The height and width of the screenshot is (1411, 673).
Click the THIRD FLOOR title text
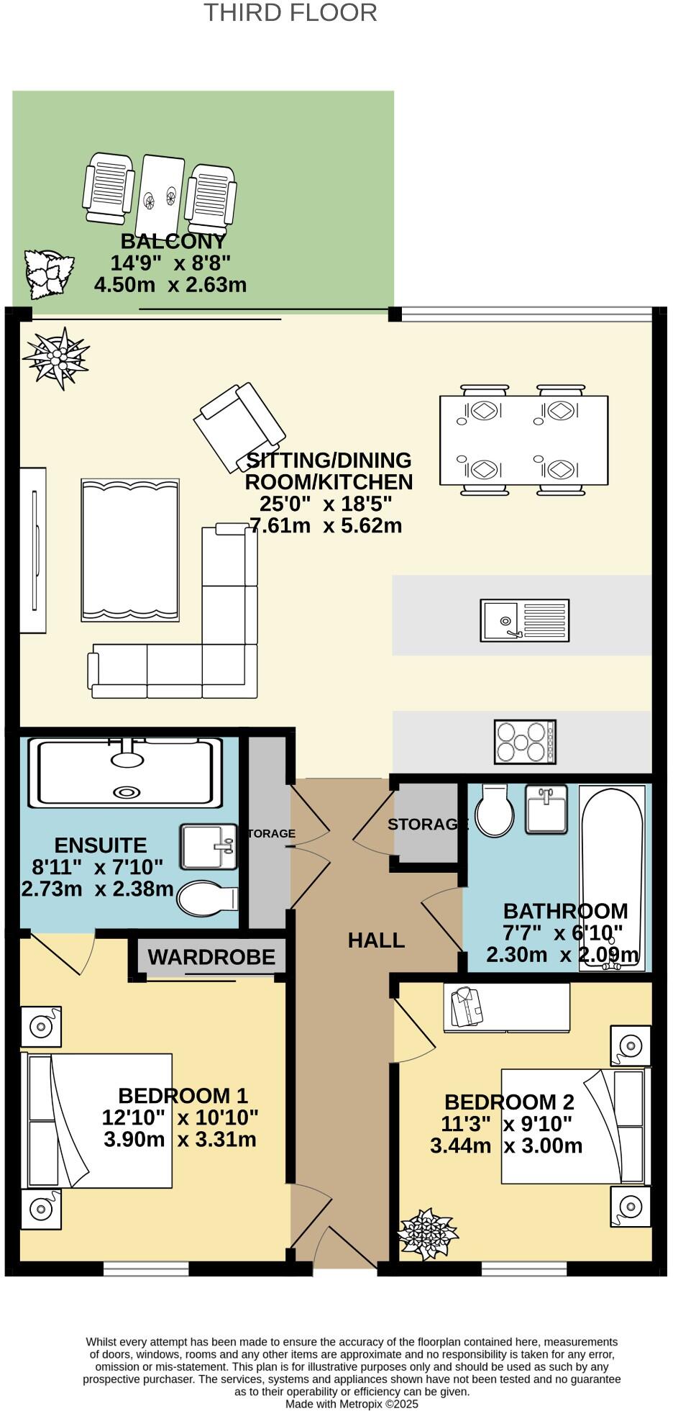[290, 13]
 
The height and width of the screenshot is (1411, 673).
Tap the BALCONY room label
[173, 241]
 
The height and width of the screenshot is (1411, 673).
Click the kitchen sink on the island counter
[525, 620]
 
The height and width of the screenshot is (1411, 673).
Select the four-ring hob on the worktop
[525, 742]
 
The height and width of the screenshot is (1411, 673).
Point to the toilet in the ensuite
[206, 899]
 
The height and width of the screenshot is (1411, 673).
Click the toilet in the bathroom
[494, 811]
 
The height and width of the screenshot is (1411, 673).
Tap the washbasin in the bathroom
[546, 809]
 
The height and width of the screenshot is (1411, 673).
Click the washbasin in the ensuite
[209, 847]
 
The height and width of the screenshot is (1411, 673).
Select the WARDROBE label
[211, 957]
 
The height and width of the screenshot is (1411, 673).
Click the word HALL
[376, 940]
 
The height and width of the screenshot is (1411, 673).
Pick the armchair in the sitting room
[239, 427]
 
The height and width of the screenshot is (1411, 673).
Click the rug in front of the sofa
[130, 550]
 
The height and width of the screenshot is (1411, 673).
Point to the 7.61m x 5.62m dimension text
[325, 525]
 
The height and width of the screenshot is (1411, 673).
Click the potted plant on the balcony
[49, 273]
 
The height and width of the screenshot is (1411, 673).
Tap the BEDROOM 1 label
[183, 1096]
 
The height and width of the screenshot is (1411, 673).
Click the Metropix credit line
[352, 1404]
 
